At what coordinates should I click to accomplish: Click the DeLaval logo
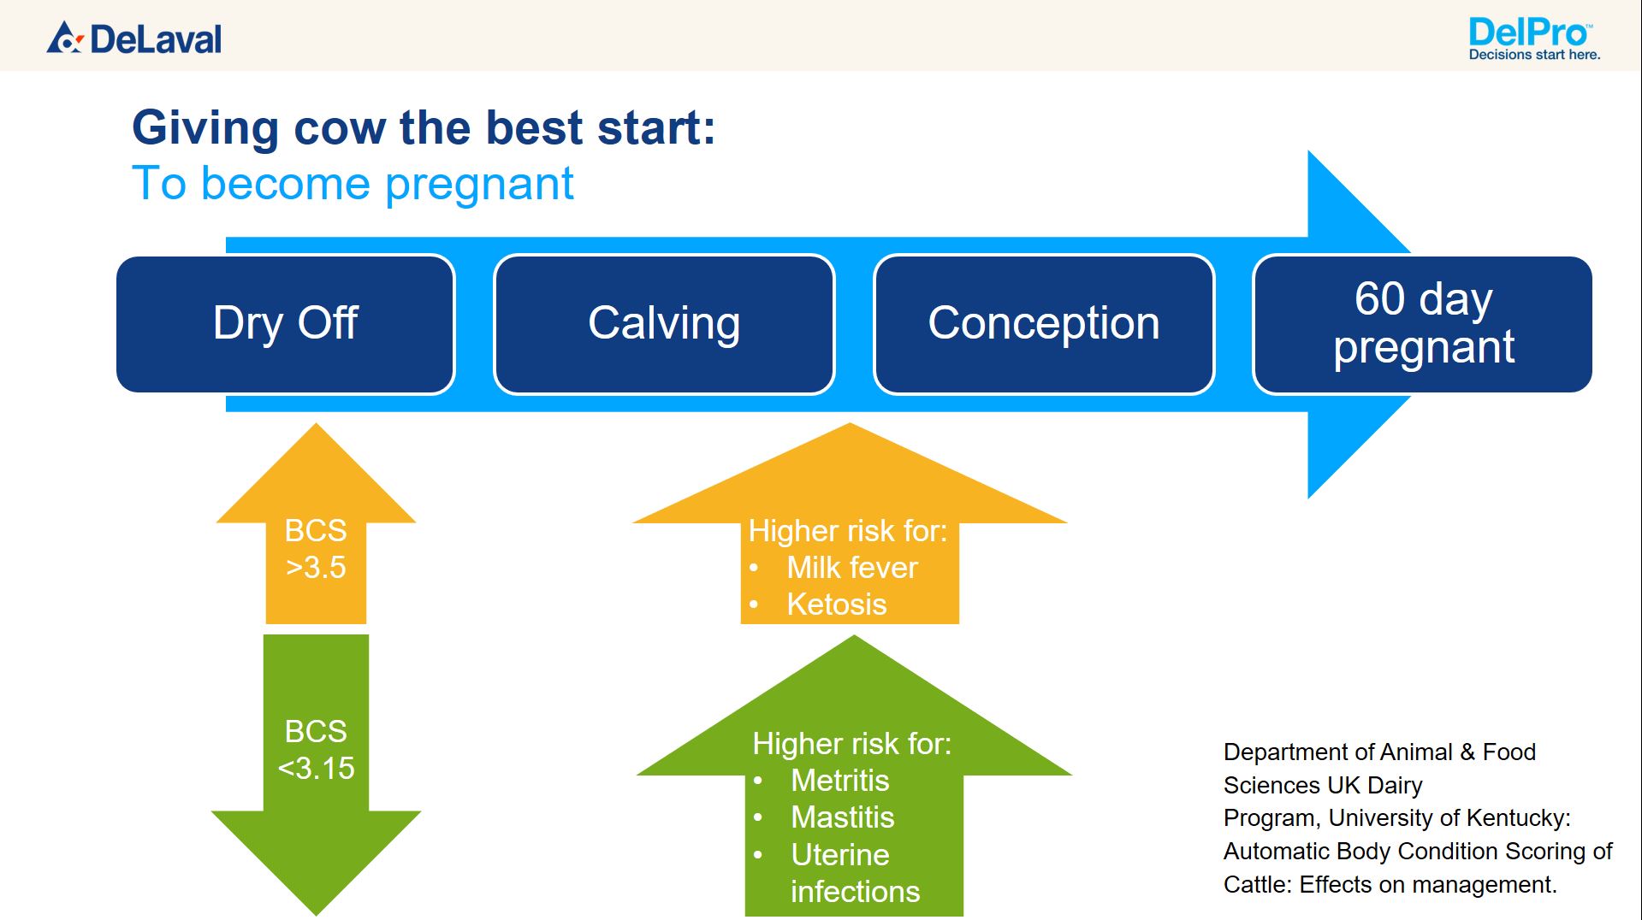coord(134,38)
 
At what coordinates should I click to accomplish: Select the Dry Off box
coord(286,324)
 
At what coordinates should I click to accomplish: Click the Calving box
coord(664,324)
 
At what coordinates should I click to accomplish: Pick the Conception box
coord(1044,324)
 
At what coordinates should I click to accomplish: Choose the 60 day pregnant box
coord(1423,324)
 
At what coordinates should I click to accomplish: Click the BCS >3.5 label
coord(316,549)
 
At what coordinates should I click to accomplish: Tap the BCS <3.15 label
coord(316,750)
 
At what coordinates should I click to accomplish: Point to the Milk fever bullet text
coord(851,568)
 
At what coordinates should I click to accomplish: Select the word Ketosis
coord(836,604)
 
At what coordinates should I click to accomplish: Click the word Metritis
coord(839,781)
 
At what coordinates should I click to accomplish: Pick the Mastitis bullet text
coord(842,817)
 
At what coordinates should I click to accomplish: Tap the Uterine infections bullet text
coord(855,873)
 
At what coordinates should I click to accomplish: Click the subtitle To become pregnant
coord(353,183)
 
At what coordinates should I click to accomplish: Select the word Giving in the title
coord(205,128)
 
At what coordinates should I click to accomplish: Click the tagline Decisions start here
coord(1534,55)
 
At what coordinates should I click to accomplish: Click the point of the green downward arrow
coord(316,915)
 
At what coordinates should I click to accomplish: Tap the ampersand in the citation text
coord(1467,752)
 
